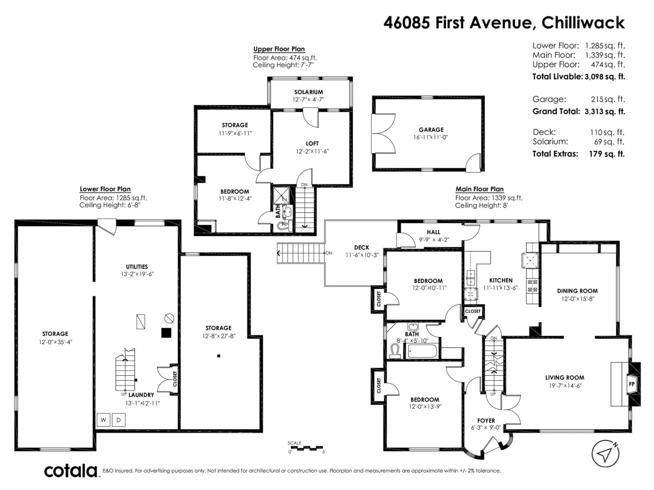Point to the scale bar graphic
306,448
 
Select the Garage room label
431,130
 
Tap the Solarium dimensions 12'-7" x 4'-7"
308,100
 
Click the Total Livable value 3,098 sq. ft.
605,77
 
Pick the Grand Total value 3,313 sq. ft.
605,112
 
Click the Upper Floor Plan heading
279,49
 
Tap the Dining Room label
577,291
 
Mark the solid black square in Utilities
166,333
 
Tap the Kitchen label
501,280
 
